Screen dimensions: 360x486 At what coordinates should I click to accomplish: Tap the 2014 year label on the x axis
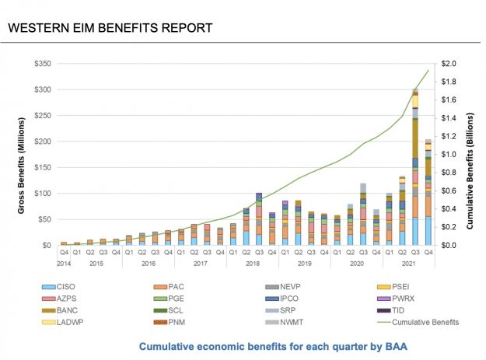click(x=64, y=263)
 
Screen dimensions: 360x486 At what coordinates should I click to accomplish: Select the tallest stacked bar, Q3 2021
click(x=415, y=167)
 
